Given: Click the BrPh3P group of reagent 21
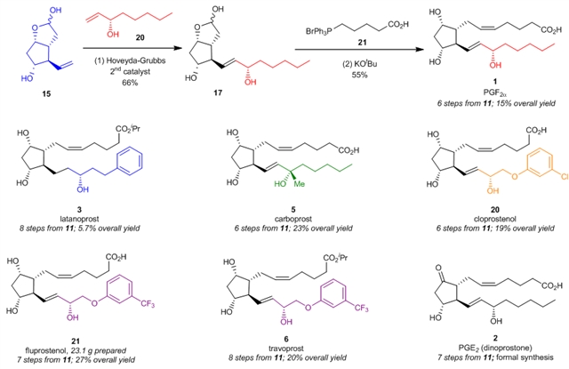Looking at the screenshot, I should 304,15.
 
